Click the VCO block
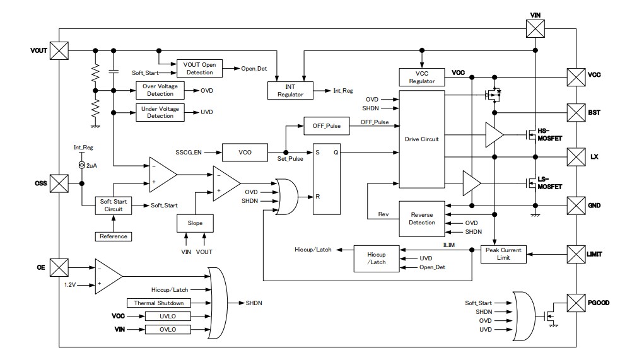click(245, 152)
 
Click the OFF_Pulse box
click(326, 125)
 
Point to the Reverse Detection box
click(422, 218)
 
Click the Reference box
click(114, 236)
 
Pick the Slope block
click(195, 224)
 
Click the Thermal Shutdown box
click(159, 303)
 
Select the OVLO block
click(167, 330)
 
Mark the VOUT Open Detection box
click(199, 68)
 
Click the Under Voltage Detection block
click(160, 112)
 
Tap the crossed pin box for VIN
click(534, 28)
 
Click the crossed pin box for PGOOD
click(576, 303)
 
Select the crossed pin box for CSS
click(59, 183)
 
